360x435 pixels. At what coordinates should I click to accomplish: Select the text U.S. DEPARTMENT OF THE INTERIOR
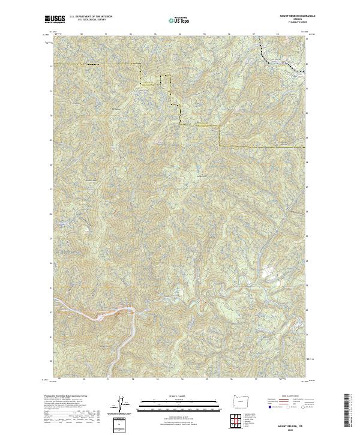[x=91, y=16]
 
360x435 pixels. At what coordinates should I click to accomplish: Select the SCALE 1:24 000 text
[x=179, y=395]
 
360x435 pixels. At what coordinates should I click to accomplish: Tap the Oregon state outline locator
[x=239, y=401]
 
